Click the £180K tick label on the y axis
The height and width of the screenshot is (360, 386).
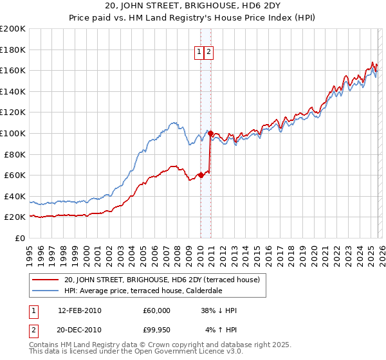(13, 50)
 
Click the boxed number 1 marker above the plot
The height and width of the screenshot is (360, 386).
(199, 53)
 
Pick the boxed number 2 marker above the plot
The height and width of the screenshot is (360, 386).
(209, 53)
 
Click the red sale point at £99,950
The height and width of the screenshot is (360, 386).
(210, 134)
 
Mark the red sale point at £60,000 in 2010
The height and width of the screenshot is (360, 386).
(201, 175)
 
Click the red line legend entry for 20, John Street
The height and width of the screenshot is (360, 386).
(161, 280)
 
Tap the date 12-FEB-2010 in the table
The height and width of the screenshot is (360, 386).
(79, 310)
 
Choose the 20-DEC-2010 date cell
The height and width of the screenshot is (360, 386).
(79, 330)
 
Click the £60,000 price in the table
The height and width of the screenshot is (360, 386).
(156, 310)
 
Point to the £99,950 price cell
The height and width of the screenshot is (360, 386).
(156, 330)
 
